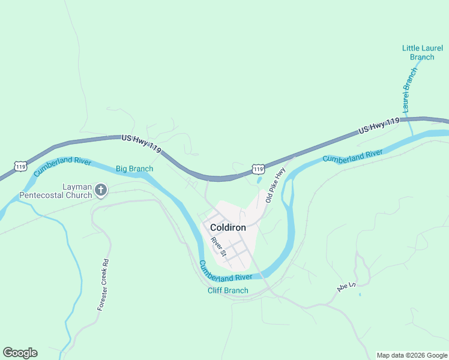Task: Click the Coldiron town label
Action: click(228, 228)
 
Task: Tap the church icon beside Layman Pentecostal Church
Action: click(101, 191)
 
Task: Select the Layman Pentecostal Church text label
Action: click(55, 191)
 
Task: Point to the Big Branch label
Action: click(134, 169)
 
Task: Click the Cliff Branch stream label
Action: click(228, 291)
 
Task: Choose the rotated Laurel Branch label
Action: click(410, 90)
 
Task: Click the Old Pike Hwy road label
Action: click(275, 185)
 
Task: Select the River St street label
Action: click(218, 247)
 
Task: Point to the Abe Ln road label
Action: click(346, 287)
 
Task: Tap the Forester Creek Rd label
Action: click(104, 284)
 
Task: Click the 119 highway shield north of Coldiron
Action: click(258, 170)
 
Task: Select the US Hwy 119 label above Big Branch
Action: click(141, 143)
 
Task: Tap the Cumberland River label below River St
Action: click(226, 271)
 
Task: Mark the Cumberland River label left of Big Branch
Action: click(62, 166)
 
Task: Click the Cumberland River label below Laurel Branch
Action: click(352, 157)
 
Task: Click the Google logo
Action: click(20, 353)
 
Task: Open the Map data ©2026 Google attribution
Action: click(412, 355)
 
